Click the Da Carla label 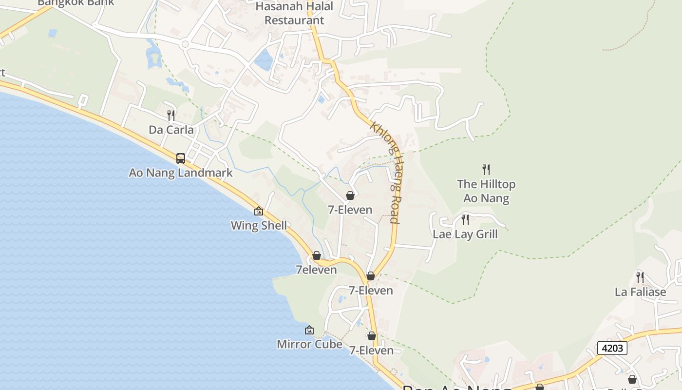171,130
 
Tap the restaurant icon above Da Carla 171,116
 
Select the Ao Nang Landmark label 181,173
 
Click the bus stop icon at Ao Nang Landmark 181,158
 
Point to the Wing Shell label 259,226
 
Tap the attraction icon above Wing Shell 259,211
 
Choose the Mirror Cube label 309,344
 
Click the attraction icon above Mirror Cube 309,330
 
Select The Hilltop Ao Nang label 486,191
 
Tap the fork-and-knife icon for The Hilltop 486,170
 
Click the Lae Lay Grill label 465,234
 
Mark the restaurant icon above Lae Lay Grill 465,220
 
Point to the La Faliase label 640,292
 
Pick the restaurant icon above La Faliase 640,277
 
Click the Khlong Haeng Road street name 386,173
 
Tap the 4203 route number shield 612,348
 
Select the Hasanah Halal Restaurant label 294,14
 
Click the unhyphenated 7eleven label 316,270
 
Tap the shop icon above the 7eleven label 317,255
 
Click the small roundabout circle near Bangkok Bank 185,44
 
